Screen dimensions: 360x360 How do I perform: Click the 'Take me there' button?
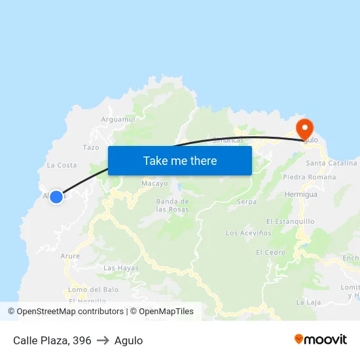[x=180, y=160]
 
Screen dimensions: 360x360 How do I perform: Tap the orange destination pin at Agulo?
[x=304, y=128]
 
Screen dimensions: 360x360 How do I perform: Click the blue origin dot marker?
[x=56, y=196]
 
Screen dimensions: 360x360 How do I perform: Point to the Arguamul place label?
[x=118, y=120]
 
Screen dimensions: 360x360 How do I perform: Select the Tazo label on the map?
[x=91, y=148]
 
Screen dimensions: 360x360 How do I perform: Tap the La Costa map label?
[x=62, y=165]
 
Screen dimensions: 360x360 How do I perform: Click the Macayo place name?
[x=154, y=183]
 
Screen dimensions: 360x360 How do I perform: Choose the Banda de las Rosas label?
[x=173, y=206]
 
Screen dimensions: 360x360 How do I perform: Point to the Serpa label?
[x=246, y=202]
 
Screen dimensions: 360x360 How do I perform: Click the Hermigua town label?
[x=301, y=194]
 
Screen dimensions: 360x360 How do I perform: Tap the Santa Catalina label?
[x=331, y=163]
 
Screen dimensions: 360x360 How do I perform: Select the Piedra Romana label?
[x=310, y=177]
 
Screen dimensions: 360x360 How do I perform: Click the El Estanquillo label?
[x=291, y=221]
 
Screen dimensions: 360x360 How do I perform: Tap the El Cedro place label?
[x=270, y=252]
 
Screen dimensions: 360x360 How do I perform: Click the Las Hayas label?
[x=121, y=268]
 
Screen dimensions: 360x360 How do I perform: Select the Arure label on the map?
[x=70, y=256]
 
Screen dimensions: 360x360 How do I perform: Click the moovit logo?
[x=320, y=339]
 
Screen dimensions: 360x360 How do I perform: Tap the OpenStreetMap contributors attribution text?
[x=70, y=312]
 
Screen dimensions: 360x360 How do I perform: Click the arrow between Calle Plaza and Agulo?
[x=103, y=340]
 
